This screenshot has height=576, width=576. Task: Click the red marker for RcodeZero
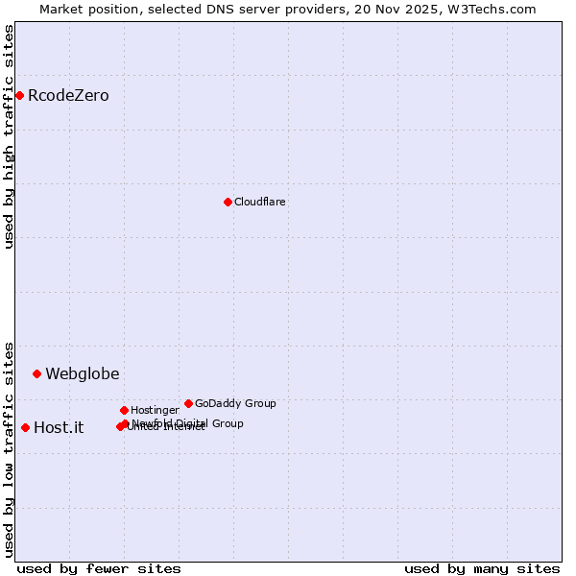click(x=19, y=95)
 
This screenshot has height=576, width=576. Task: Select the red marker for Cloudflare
click(x=228, y=202)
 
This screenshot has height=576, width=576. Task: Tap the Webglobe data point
click(x=36, y=373)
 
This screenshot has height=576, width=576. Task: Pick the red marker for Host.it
click(x=25, y=427)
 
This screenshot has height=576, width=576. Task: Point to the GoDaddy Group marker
click(x=188, y=403)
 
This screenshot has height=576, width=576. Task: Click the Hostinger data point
click(x=124, y=410)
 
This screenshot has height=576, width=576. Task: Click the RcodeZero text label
click(x=68, y=95)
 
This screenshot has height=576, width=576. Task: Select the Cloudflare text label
click(x=260, y=202)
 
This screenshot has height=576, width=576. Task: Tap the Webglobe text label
click(x=83, y=373)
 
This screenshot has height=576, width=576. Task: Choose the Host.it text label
click(x=59, y=427)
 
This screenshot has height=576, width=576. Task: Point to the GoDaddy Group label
click(x=235, y=403)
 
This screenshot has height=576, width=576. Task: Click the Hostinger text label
click(x=155, y=410)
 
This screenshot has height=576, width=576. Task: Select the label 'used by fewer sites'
click(x=99, y=568)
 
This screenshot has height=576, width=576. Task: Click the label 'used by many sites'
click(x=482, y=568)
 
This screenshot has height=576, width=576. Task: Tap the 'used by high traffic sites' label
click(x=9, y=136)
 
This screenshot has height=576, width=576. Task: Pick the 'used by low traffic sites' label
click(x=9, y=448)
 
